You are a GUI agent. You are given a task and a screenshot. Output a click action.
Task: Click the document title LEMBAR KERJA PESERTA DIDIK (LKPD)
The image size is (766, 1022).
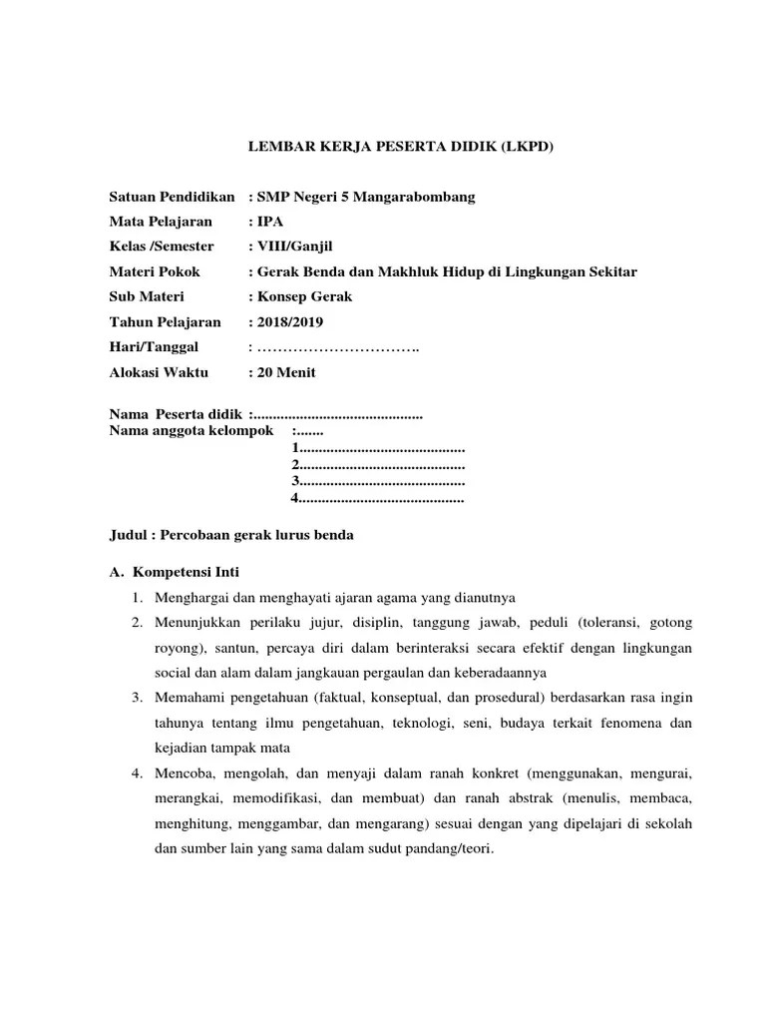point(399,147)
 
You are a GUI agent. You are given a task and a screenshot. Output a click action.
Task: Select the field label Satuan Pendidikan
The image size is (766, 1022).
point(172,197)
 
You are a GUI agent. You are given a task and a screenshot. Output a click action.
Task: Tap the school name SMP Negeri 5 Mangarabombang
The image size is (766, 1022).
point(366,197)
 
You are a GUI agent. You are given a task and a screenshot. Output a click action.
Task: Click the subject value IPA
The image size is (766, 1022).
point(270,222)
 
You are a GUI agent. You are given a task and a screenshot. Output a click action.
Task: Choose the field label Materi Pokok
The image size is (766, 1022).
point(154,271)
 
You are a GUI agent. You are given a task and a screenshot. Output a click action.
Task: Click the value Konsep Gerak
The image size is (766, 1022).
point(303,296)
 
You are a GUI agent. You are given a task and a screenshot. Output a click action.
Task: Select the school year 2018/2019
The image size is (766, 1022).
point(290,321)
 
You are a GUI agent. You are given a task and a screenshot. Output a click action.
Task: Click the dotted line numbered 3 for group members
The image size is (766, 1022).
point(378,481)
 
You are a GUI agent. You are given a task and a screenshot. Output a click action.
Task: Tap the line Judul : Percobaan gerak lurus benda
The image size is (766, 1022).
point(230,535)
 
